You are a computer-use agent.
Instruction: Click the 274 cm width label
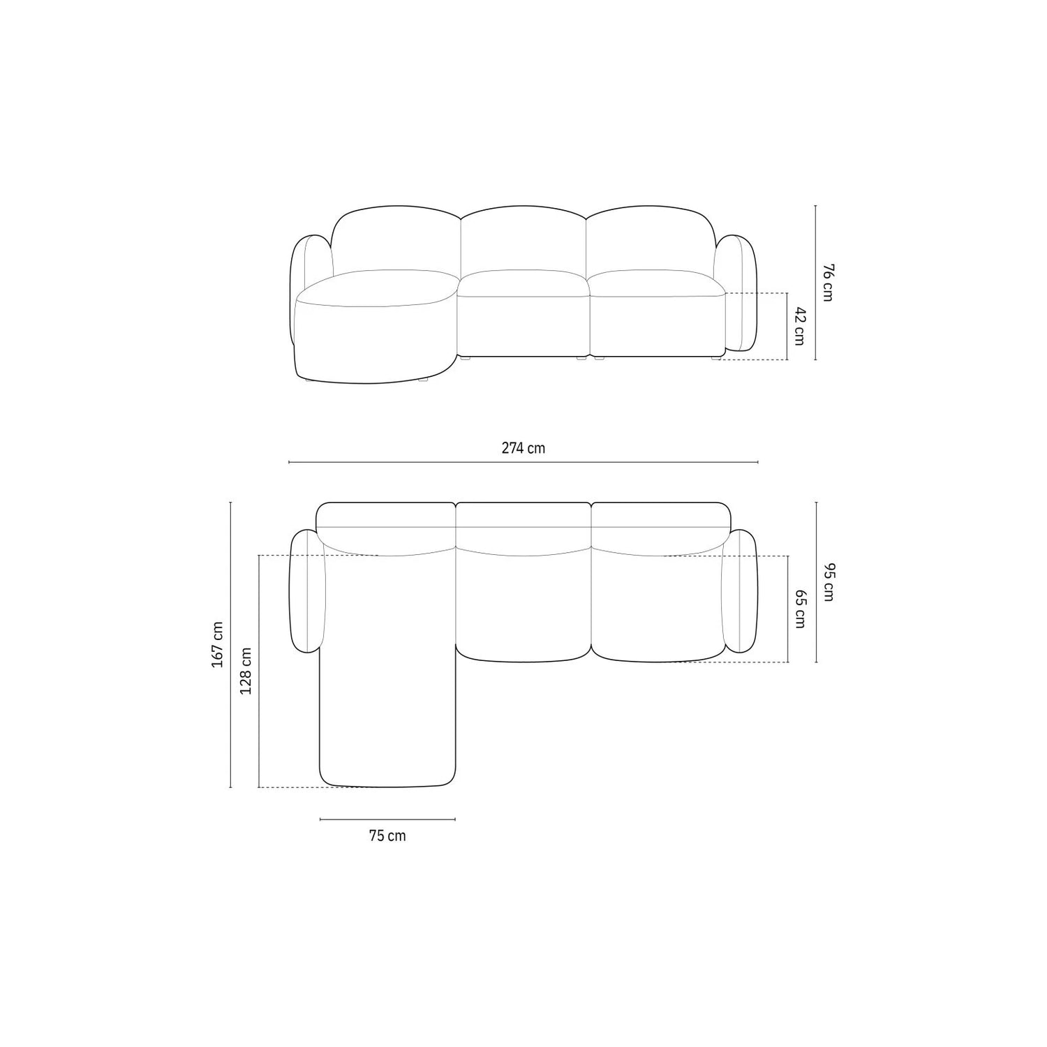523,448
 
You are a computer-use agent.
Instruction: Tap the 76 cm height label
827,283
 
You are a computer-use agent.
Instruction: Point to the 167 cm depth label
218,644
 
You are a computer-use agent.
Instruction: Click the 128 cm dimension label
246,671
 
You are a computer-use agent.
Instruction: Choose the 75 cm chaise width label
387,836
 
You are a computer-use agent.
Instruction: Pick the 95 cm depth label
827,582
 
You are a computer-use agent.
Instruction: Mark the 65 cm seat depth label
800,609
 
